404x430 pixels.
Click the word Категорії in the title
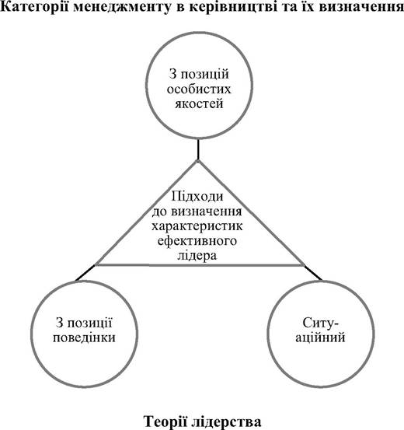click(x=35, y=8)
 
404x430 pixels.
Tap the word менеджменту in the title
click(x=122, y=8)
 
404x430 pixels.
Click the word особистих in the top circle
click(x=199, y=89)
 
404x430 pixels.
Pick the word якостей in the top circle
click(x=199, y=104)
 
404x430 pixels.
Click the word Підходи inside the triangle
click(x=197, y=197)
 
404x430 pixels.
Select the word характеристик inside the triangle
click(x=197, y=226)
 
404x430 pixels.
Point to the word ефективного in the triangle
click(x=197, y=241)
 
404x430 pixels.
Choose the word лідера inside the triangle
click(x=197, y=256)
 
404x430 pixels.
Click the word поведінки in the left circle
click(x=84, y=337)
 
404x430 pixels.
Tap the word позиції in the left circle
click(x=89, y=323)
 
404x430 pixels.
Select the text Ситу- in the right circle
click(x=321, y=323)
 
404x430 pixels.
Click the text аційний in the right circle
click(x=320, y=337)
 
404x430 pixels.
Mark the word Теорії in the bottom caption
click(x=165, y=421)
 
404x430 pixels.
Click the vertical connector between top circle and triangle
click(x=198, y=149)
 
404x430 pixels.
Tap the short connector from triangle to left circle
click(x=85, y=273)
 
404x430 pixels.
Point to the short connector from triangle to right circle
click(x=313, y=273)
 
